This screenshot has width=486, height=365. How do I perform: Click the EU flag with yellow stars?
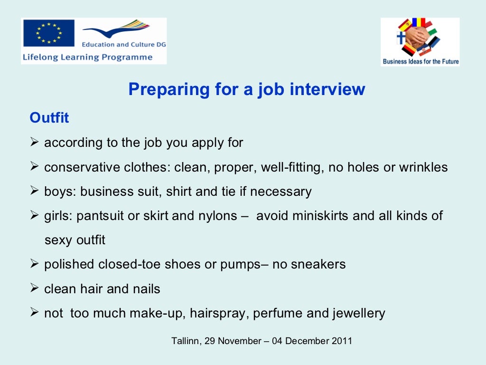pyautogui.click(x=48, y=33)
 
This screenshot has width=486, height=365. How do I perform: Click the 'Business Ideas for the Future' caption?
pyautogui.click(x=421, y=61)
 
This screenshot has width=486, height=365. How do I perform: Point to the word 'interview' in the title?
pyautogui.click(x=327, y=89)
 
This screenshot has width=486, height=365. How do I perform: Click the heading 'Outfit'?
pyautogui.click(x=49, y=118)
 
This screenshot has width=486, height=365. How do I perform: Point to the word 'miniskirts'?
pyautogui.click(x=317, y=216)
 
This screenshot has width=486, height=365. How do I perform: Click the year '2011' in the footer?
pyautogui.click(x=342, y=341)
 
